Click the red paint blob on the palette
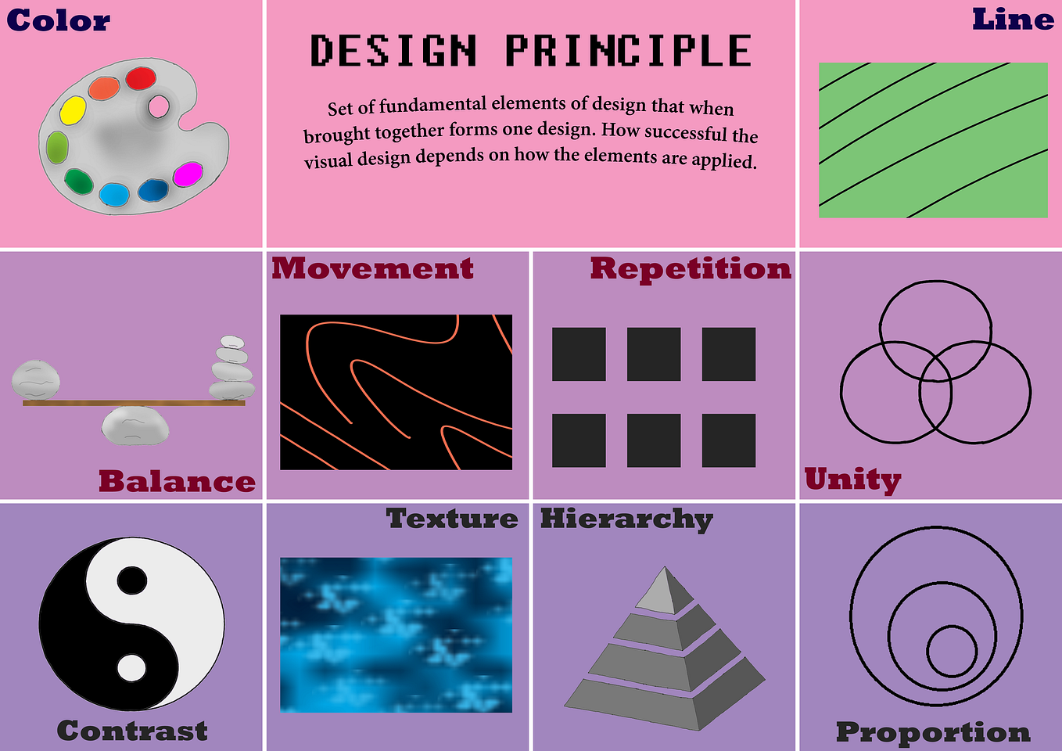pos(142,78)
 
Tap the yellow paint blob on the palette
pos(73,110)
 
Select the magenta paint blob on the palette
pos(188,174)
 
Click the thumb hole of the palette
pos(159,106)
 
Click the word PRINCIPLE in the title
pos(628,52)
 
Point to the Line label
pos(1013,20)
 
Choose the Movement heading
pos(372,268)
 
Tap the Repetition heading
pos(691,268)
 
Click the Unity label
pos(852,479)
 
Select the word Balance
pos(177,481)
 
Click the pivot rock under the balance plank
pos(135,425)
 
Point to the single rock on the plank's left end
pos(36,379)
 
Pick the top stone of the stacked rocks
pos(231,342)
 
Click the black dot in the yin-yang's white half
pos(132,580)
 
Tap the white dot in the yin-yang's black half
pos(131,667)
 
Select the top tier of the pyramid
pos(664,591)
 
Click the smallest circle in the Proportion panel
pos(952,651)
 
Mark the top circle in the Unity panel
pos(935,321)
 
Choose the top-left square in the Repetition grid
pos(579,354)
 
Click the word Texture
pos(452,518)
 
